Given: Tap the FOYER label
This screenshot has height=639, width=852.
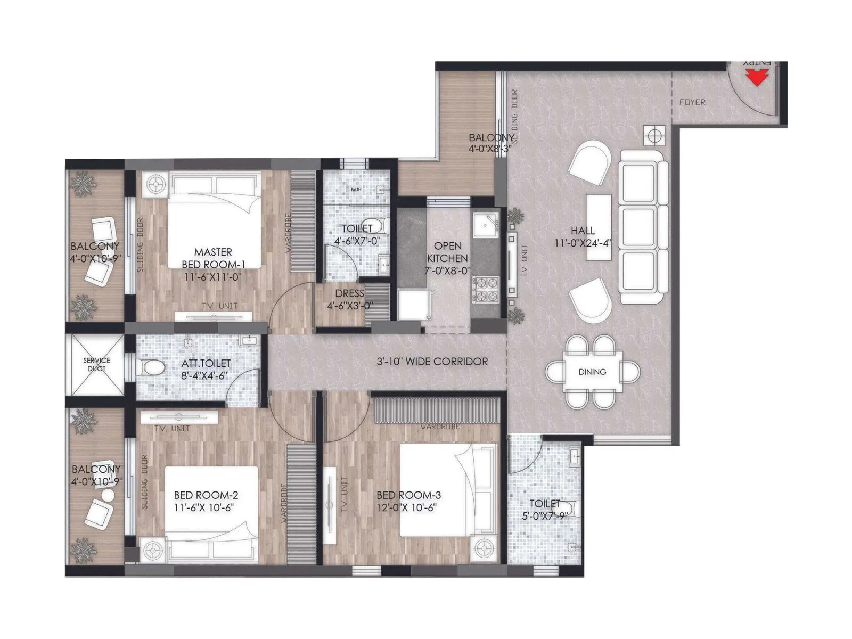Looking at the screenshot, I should tap(692, 102).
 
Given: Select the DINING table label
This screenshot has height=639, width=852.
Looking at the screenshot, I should tap(592, 372).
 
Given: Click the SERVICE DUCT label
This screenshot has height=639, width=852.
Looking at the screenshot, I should tap(96, 364).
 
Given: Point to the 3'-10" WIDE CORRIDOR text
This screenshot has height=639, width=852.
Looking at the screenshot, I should tap(432, 362).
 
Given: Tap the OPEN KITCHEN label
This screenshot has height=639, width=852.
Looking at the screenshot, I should tap(447, 252).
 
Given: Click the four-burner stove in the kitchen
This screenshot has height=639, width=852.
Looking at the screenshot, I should tap(485, 290).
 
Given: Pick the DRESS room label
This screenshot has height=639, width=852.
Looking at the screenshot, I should tap(350, 293).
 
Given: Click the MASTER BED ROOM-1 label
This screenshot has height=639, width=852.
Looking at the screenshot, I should tap(213, 258).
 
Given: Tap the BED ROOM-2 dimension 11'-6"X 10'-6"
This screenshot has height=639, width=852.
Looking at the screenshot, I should tap(204, 507).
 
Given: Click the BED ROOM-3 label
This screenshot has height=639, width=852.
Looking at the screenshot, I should tap(408, 495).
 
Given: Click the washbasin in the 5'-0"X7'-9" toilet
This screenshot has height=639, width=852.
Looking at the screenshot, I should tap(575, 455).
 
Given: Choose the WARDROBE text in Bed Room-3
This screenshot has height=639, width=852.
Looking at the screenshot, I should tap(439, 427).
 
